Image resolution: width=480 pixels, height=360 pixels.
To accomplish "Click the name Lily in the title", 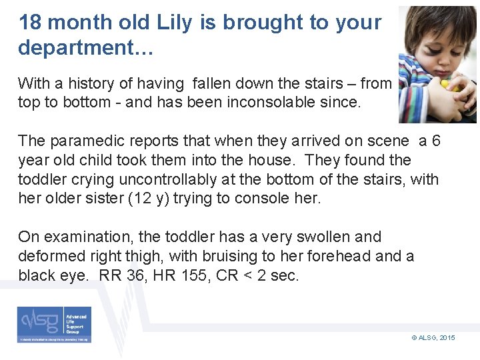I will coord(179,23).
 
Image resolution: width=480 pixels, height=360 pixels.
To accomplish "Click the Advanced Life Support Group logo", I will coord(55,325).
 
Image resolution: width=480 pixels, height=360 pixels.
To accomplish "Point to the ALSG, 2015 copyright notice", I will coord(433,338).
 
